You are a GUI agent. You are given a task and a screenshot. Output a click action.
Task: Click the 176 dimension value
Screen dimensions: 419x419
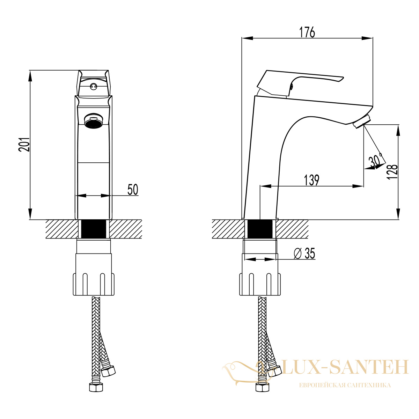coord(307,32)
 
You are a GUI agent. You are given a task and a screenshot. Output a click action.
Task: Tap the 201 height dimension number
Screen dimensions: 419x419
coord(24,145)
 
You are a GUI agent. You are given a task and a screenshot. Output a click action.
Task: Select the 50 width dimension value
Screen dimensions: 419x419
coord(133,189)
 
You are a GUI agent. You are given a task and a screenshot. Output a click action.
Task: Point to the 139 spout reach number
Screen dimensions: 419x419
coord(311,180)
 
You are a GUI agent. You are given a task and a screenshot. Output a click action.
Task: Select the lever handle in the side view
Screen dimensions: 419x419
coord(300,83)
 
